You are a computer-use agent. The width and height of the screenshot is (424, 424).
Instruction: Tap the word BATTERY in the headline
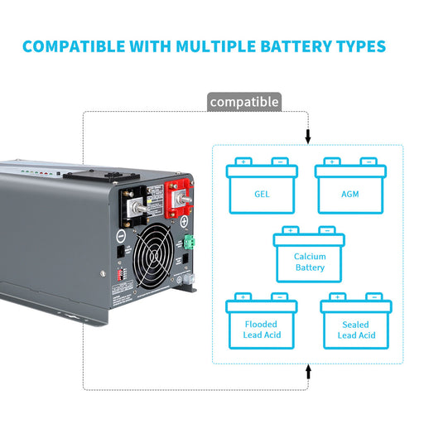pos(305,45)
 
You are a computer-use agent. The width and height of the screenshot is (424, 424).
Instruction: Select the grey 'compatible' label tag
pos(243,102)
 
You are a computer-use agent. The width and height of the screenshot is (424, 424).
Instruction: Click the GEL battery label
pos(262,195)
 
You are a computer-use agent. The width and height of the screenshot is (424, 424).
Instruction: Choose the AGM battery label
pos(350,195)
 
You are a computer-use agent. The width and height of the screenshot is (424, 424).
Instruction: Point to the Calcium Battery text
pos(310,262)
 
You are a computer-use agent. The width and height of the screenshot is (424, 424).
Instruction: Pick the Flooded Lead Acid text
pos(261,330)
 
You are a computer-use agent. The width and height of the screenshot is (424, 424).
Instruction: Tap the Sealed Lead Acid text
pos(356,330)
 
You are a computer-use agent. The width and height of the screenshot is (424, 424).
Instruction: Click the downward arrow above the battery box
pos(308,135)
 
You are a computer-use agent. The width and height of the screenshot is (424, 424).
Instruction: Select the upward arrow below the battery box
pos(308,373)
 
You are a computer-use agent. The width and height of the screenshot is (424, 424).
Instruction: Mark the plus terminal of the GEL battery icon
pos(243,161)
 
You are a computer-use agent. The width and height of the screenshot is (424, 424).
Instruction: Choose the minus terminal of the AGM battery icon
pos(369,161)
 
